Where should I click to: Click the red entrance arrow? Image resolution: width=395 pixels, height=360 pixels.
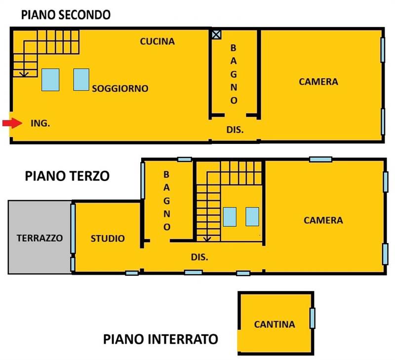(x=11, y=123)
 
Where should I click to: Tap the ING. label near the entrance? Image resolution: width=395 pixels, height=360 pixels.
(x=40, y=124)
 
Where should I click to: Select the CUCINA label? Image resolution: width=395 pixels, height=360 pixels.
(x=157, y=41)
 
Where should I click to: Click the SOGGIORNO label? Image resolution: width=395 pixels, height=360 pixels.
(x=120, y=89)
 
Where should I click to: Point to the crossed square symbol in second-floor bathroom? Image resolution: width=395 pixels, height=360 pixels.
(x=216, y=34)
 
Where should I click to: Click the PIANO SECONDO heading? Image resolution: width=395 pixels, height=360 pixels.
(x=65, y=15)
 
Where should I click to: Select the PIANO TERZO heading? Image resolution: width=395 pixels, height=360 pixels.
(x=67, y=176)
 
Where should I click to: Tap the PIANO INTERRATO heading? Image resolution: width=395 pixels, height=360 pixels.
(x=160, y=339)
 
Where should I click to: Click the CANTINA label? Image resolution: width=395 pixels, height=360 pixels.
(x=275, y=324)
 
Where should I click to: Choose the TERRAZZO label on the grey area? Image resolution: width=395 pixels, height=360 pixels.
(x=39, y=238)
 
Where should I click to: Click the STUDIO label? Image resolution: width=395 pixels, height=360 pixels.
(x=108, y=239)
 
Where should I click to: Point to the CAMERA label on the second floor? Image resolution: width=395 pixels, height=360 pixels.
(x=318, y=82)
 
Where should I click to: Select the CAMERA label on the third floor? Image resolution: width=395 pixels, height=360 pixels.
(x=323, y=220)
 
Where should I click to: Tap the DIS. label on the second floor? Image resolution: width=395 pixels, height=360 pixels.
(x=235, y=130)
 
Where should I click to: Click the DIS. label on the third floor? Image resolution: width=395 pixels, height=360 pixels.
(x=199, y=257)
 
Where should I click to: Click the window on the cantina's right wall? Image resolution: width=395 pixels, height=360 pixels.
(x=312, y=318)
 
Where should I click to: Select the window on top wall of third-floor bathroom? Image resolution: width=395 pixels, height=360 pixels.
(x=184, y=159)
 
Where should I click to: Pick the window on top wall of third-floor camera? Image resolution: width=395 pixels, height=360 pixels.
(x=320, y=159)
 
